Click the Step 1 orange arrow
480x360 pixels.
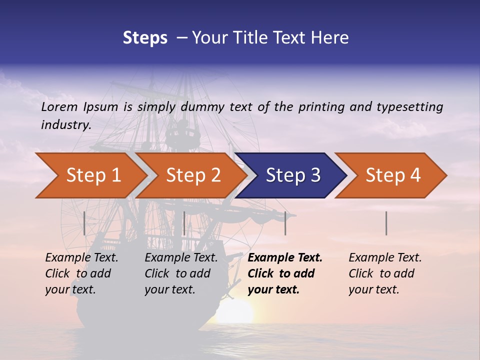pos(90,175)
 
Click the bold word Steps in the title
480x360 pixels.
pos(145,37)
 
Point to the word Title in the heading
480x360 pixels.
pos(248,37)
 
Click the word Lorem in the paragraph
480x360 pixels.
pos(59,106)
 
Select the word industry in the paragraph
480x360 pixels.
pos(65,124)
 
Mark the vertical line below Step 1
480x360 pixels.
pos(84,223)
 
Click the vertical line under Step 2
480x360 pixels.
pos(184,223)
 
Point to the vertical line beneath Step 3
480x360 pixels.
pos(285,223)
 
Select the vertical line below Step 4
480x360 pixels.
pos(386,223)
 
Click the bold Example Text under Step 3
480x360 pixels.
pos(285,258)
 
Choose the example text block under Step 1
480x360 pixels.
pos(81,273)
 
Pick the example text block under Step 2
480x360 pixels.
pos(181,273)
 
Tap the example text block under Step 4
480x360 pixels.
pos(385,273)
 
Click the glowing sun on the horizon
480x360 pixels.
pos(235,312)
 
